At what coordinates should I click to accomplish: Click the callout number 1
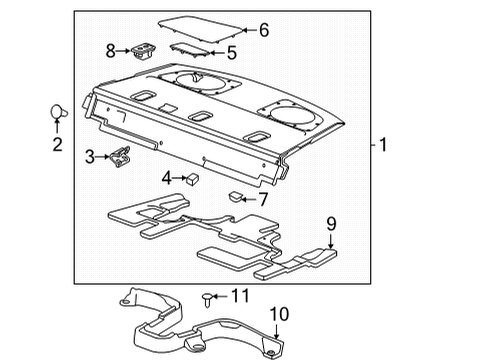pos(383,145)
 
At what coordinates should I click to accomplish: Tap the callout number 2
pos(57,145)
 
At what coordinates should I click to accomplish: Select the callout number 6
pos(264,30)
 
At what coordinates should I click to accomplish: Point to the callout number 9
pos(331,224)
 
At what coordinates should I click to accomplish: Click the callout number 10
pos(279,314)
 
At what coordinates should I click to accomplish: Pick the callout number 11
pos(240,296)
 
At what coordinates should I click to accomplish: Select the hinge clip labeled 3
pos(120,156)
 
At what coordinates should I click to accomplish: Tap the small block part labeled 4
pos(192,179)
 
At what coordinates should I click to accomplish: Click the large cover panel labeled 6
pos(200,29)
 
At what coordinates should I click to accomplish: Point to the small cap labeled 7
pos(236,197)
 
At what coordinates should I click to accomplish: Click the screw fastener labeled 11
pos(207,300)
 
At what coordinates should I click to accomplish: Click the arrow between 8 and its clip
pos(123,51)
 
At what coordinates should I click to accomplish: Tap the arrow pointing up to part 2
pos(57,126)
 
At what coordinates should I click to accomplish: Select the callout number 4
pos(167,178)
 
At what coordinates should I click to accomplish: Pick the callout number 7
pos(263,199)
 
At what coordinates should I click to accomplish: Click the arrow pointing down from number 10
pos(276,331)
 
